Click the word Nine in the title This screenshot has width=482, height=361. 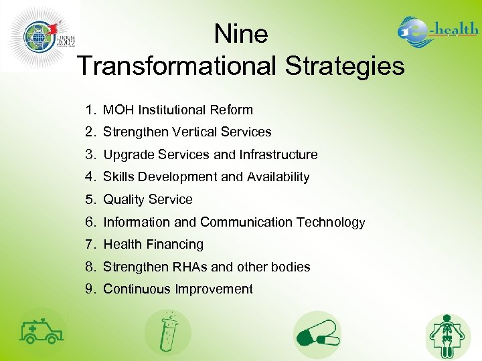point(241,34)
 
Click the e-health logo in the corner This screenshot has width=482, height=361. point(438,31)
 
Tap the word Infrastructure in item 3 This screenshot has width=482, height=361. point(279,154)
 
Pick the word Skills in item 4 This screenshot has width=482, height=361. point(118,177)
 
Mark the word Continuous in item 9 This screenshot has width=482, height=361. point(137,289)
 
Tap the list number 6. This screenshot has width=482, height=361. point(90,222)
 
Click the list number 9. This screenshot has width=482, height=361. point(90,289)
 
